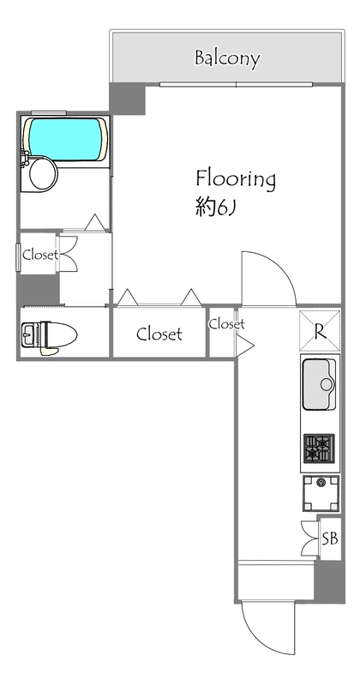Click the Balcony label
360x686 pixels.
coord(227,57)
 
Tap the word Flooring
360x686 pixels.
coord(236,180)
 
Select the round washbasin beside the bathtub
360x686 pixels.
coord(44,174)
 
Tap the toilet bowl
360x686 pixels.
coord(58,334)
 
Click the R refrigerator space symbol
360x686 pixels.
coord(320,331)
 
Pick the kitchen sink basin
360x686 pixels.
coord(320,384)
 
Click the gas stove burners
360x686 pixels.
coord(320,448)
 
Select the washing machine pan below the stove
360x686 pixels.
coord(321,493)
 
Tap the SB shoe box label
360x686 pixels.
coord(330,539)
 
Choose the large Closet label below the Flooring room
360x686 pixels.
coord(159,334)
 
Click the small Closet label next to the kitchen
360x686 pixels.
coord(226,324)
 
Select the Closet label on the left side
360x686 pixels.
coord(39,254)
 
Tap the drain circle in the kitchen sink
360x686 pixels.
coord(327,384)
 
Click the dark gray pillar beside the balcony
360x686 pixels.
coord(128,98)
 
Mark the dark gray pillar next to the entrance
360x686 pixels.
coord(329,582)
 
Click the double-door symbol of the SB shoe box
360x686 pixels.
coord(310,539)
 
